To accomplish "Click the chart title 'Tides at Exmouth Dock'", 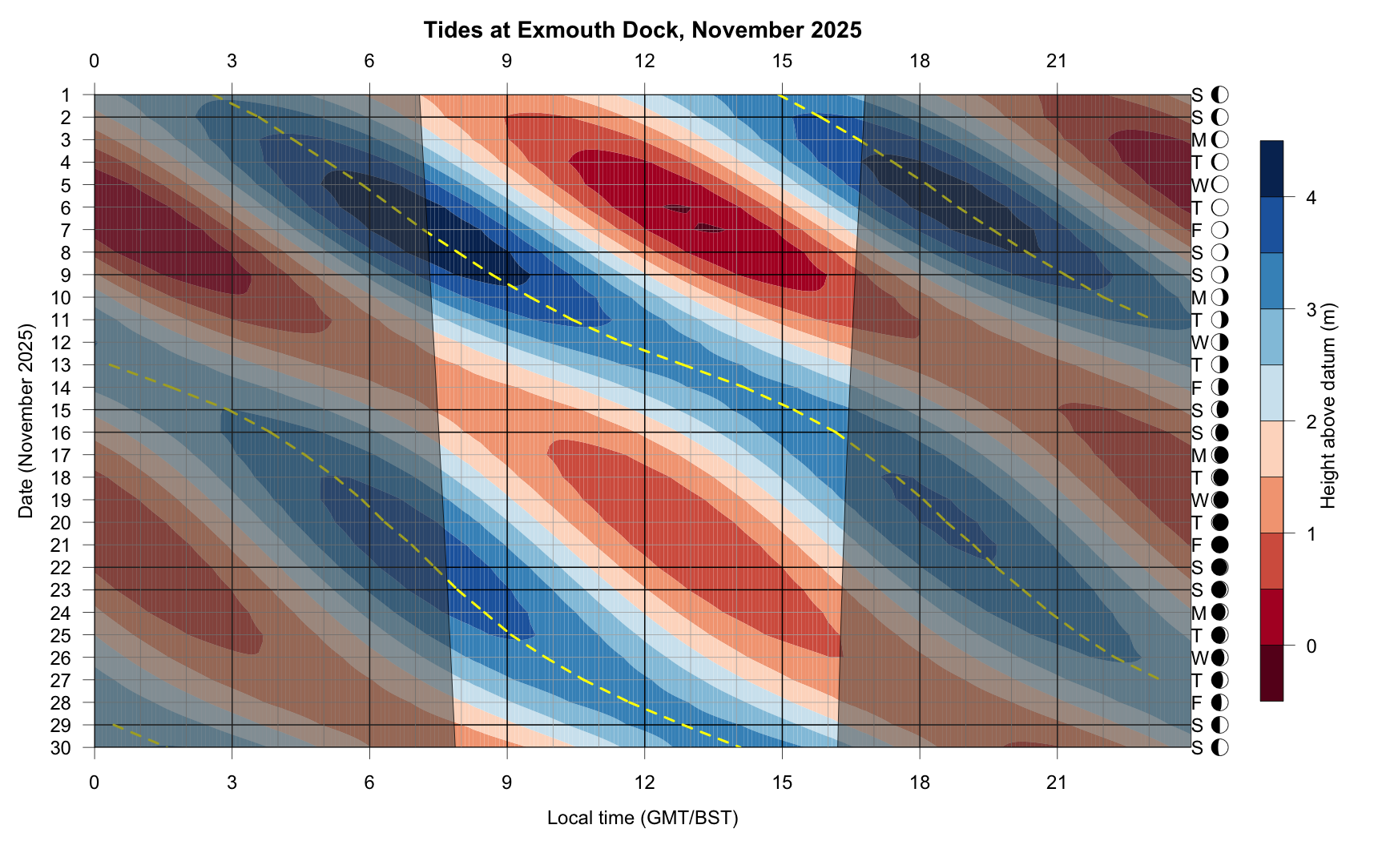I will pyautogui.click(x=643, y=30).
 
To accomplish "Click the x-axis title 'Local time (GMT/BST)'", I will pyautogui.click(x=643, y=818).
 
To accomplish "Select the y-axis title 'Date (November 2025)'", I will pyautogui.click(x=26, y=421).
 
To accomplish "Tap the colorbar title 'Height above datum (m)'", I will pyautogui.click(x=1329, y=405).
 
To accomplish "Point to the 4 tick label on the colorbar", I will pyautogui.click(x=1311, y=197).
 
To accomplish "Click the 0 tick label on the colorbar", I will pyautogui.click(x=1311, y=646).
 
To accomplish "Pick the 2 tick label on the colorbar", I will pyautogui.click(x=1311, y=421).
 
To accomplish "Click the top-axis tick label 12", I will pyautogui.click(x=644, y=61).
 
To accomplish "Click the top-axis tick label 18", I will pyautogui.click(x=920, y=61).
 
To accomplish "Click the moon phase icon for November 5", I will pyautogui.click(x=1220, y=185).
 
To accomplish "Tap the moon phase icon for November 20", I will pyautogui.click(x=1220, y=523).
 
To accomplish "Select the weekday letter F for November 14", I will pyautogui.click(x=1197, y=388).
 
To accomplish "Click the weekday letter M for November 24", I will pyautogui.click(x=1199, y=614).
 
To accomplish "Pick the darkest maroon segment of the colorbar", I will pyautogui.click(x=1271, y=673).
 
